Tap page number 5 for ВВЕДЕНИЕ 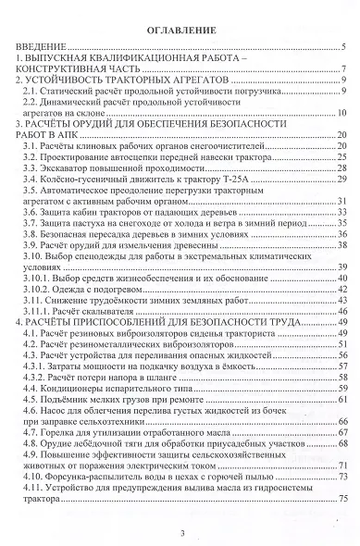[x=343, y=46]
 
